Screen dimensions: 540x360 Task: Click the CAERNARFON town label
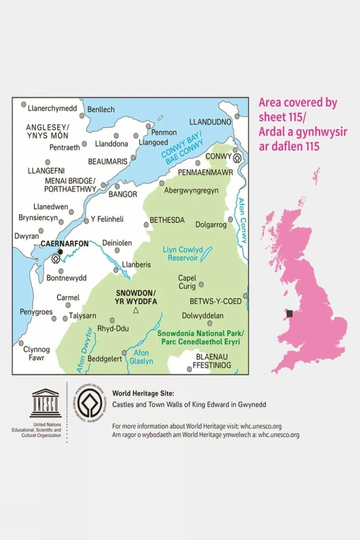(x=65, y=244)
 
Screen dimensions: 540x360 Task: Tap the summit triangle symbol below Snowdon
(x=136, y=310)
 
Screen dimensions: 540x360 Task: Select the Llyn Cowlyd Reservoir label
(x=183, y=254)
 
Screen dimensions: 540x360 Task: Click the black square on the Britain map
(x=289, y=313)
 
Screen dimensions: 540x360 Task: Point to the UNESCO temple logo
(x=45, y=403)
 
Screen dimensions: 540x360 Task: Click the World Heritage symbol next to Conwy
(x=237, y=158)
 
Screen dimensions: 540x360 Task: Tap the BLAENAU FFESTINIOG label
(x=212, y=361)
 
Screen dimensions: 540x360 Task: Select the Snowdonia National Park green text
(x=200, y=337)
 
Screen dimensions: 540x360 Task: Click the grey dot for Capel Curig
(x=201, y=284)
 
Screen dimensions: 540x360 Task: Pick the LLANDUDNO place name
(x=210, y=122)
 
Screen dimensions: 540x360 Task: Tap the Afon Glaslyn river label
(x=141, y=357)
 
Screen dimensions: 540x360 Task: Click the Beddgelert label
(x=105, y=359)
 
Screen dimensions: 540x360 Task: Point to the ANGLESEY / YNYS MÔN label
(x=48, y=131)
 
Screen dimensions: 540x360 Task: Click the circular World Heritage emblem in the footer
(x=89, y=403)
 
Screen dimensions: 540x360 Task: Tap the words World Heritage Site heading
(x=143, y=393)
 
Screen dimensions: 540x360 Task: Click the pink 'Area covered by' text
(x=298, y=102)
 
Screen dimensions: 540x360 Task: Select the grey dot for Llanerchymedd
(x=24, y=104)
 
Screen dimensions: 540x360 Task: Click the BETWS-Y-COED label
(x=215, y=301)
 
